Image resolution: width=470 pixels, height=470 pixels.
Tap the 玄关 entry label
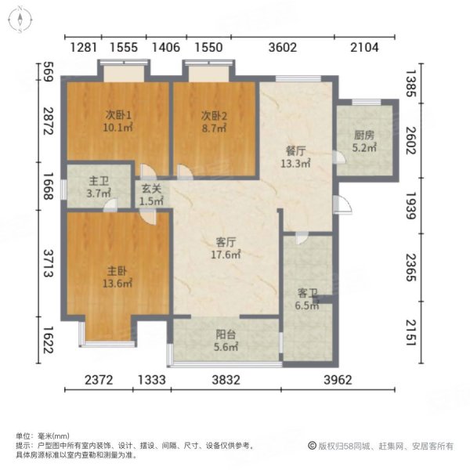click(x=150, y=188)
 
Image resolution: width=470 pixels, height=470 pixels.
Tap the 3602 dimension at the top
click(x=282, y=48)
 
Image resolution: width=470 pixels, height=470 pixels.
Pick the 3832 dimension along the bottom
click(x=226, y=381)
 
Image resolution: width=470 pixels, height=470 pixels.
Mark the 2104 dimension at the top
click(x=363, y=48)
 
